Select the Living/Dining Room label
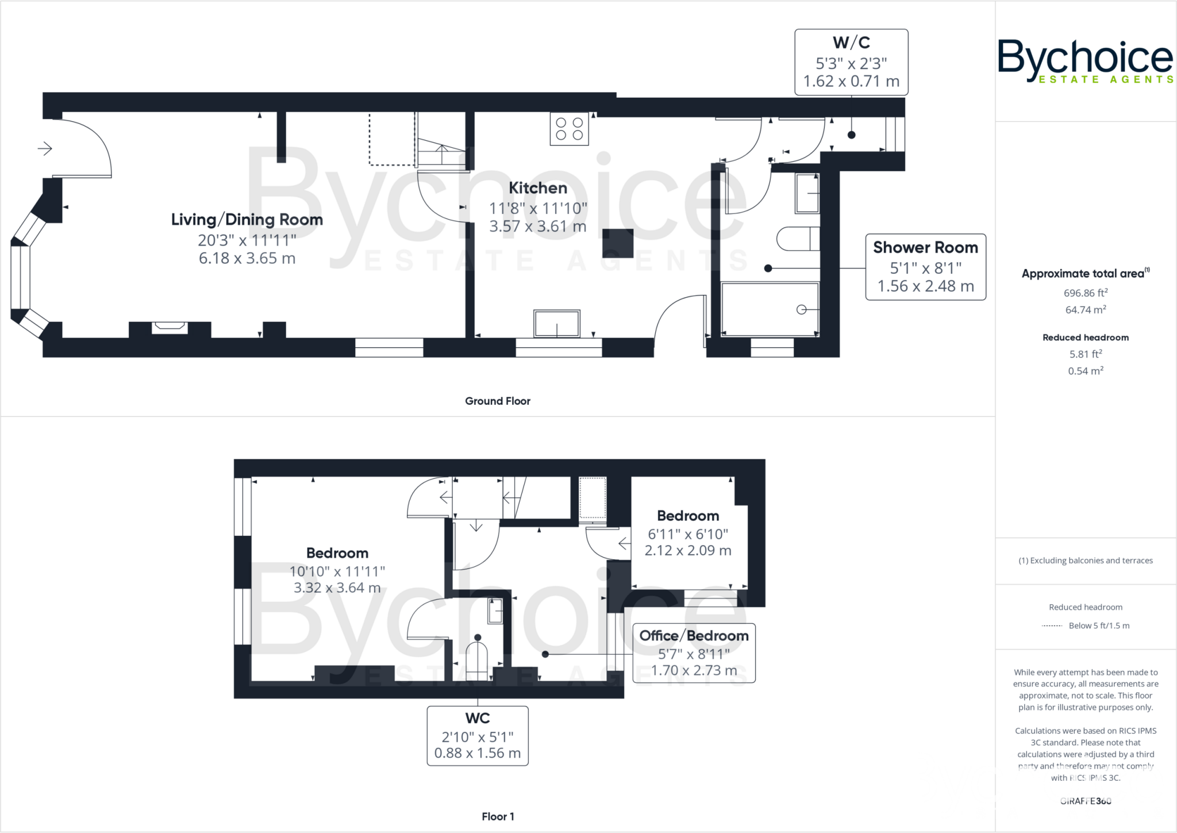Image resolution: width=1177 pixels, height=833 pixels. coord(247,220)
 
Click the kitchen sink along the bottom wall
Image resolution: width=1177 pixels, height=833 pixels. coord(556,324)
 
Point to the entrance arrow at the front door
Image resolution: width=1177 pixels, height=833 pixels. coord(45,149)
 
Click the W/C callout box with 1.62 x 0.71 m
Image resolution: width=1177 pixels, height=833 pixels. coord(851,62)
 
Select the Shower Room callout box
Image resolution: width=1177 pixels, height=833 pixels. coord(925,267)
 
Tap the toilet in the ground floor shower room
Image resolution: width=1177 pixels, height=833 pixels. coord(797,239)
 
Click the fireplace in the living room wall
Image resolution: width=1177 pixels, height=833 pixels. coord(170,328)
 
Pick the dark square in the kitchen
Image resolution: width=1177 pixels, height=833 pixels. coord(618,243)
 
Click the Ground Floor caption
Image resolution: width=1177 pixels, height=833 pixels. coord(497,401)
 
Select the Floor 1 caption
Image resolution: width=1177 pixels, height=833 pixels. coord(498,816)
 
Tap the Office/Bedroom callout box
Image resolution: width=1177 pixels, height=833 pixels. coord(694,653)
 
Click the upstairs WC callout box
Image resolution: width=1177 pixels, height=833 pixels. coord(477,736)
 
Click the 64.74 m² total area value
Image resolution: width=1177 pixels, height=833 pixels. coord(1085,310)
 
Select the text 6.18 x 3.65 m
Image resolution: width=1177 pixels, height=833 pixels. coord(247,259)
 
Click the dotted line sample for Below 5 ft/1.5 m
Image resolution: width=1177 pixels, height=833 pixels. coord(1052,626)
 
